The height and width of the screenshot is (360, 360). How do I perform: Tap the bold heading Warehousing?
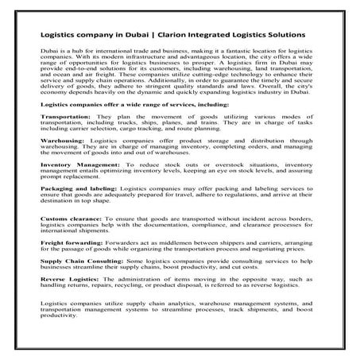pyautogui.click(x=64, y=168)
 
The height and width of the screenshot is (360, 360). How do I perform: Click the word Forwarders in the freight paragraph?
pyautogui.click(x=125, y=289)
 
